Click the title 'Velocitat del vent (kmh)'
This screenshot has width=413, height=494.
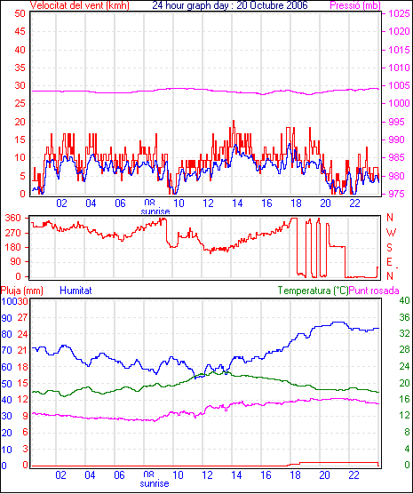coord(79,5)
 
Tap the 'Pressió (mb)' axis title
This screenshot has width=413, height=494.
coord(355,5)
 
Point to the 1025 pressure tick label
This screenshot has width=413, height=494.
coord(399,13)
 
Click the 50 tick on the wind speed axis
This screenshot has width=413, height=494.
coord(20,13)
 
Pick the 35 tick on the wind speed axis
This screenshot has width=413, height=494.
coord(20,68)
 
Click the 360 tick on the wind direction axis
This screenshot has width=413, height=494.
coord(13,218)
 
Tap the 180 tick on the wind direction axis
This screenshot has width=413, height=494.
coord(13,247)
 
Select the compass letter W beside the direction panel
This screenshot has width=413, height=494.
coord(391,233)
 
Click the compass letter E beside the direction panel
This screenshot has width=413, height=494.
coord(390,262)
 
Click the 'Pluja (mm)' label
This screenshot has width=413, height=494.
coord(21,291)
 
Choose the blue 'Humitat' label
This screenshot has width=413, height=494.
coord(75,291)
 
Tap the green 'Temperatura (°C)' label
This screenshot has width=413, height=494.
coord(314,291)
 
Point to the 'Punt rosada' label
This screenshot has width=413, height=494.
coord(374,291)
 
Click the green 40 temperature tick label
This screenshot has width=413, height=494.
coord(404,300)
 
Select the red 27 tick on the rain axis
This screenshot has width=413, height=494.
coord(22,317)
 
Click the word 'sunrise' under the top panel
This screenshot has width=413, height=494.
coord(155,211)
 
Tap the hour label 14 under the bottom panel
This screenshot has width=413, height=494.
coord(236,474)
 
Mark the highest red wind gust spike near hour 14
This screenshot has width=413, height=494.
coord(234,121)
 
